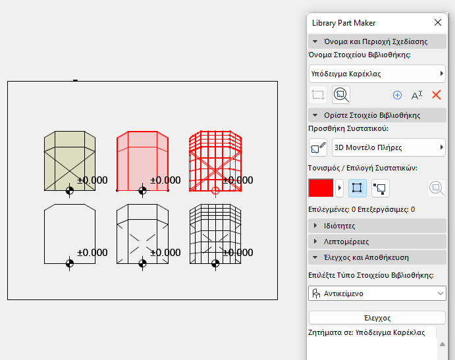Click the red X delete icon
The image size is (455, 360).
(436, 95)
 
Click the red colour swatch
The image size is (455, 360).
(321, 188)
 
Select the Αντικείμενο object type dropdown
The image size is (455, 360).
(377, 294)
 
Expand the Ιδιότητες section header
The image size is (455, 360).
(377, 226)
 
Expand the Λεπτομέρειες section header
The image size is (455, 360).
(377, 242)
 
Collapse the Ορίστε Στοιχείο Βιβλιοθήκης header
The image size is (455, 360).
(377, 115)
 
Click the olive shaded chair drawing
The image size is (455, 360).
(69, 161)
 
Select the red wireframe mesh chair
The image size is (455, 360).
(215, 161)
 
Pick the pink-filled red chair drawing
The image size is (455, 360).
(142, 161)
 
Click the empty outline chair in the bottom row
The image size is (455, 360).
(69, 234)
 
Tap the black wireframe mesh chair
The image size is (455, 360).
(215, 234)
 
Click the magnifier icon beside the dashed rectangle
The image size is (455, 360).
(341, 95)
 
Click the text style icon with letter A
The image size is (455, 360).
(417, 95)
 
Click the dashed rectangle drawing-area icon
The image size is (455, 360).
(319, 95)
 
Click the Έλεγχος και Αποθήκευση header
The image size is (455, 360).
(377, 257)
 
